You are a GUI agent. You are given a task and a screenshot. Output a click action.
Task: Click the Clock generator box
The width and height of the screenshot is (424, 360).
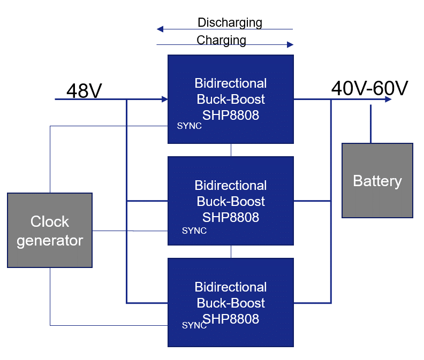click(x=50, y=231)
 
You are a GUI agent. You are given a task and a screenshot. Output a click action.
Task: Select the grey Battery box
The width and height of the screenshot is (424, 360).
click(x=377, y=181)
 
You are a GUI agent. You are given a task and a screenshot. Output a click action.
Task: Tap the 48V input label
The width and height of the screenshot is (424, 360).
click(x=84, y=91)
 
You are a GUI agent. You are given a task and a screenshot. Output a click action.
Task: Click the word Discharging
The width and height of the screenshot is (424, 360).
click(x=230, y=22)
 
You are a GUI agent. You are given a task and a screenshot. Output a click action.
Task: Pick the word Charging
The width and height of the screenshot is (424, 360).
click(x=221, y=40)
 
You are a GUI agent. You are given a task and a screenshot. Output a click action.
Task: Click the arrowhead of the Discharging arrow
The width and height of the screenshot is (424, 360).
click(x=160, y=29)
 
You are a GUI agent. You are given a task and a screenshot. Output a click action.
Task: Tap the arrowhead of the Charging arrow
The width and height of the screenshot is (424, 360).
click(x=291, y=44)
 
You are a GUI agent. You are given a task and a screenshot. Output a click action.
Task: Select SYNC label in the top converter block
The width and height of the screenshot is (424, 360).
click(x=189, y=126)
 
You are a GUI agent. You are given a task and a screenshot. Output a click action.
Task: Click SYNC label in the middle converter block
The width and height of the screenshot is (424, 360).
click(x=194, y=231)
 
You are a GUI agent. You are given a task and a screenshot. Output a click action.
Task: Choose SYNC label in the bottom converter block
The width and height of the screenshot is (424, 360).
click(x=194, y=325)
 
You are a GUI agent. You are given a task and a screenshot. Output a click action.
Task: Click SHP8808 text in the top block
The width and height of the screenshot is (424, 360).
click(x=231, y=115)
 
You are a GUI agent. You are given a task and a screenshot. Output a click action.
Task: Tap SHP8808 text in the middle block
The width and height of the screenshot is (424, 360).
click(x=231, y=217)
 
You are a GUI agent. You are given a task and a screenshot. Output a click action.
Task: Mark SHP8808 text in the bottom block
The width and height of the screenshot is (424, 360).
click(x=231, y=319)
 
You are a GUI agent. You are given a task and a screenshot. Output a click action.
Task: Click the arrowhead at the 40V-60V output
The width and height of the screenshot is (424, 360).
click(x=388, y=99)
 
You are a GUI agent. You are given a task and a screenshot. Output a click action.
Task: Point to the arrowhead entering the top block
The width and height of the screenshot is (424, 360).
click(x=164, y=99)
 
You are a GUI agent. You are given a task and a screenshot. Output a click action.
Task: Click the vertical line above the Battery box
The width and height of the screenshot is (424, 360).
click(x=370, y=124)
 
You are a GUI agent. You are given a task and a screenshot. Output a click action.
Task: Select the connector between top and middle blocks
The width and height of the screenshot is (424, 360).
click(x=231, y=150)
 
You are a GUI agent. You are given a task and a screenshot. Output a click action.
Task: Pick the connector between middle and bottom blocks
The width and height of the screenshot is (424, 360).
click(x=231, y=252)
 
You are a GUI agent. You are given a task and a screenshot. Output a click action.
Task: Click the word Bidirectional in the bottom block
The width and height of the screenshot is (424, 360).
click(x=231, y=287)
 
